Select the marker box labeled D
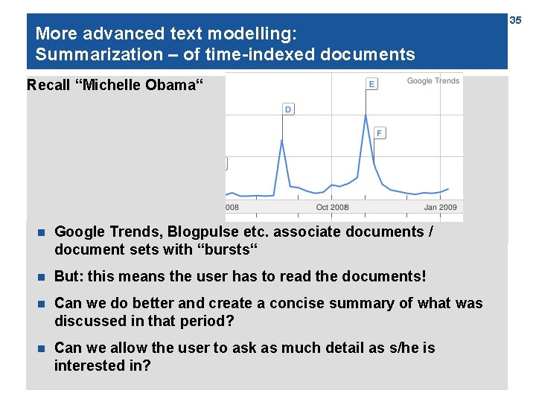pyautogui.click(x=288, y=109)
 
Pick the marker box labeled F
pyautogui.click(x=380, y=133)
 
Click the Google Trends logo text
pyautogui.click(x=433, y=81)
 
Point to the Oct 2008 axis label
pyautogui.click(x=332, y=207)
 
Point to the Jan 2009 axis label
pyautogui.click(x=441, y=207)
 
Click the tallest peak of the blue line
pyautogui.click(x=366, y=115)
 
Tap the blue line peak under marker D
pyautogui.click(x=282, y=140)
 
